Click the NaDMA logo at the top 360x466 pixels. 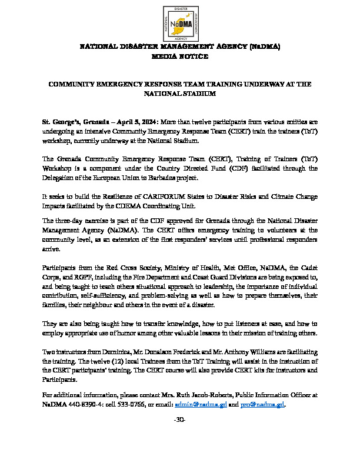point(179,22)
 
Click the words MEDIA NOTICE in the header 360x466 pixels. point(179,56)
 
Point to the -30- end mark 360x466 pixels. point(179,403)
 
